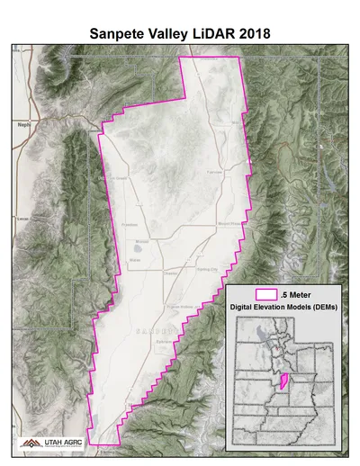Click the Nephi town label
tap(23, 125)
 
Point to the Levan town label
tap(23, 218)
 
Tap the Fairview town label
tap(214, 171)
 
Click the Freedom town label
tap(130, 225)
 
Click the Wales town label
tap(135, 259)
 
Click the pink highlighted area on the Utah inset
tap(283, 381)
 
